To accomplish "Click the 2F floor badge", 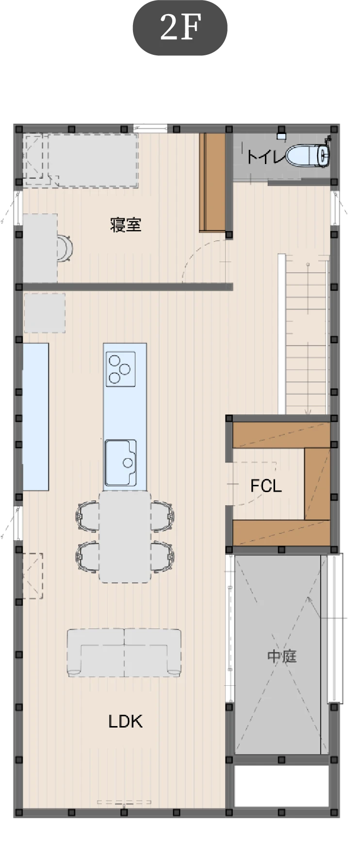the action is pyautogui.click(x=180, y=28).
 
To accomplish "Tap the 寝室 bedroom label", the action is pyautogui.click(x=126, y=225).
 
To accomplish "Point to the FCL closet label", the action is pyautogui.click(x=266, y=485).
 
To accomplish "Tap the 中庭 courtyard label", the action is pyautogui.click(x=282, y=656).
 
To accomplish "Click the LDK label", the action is pyautogui.click(x=125, y=721).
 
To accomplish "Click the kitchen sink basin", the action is pyautogui.click(x=121, y=462).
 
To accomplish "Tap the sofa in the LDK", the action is pyautogui.click(x=124, y=652).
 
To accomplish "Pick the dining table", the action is pyautogui.click(x=125, y=537).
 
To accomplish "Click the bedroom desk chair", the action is pyautogui.click(x=65, y=248).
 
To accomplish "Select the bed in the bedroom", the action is pyautogui.click(x=81, y=160).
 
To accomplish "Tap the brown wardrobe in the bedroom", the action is pyautogui.click(x=212, y=182).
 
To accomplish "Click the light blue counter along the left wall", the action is pyautogui.click(x=36, y=416).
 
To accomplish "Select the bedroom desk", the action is pyautogui.click(x=40, y=248).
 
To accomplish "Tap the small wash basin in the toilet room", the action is pyautogui.click(x=282, y=135).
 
